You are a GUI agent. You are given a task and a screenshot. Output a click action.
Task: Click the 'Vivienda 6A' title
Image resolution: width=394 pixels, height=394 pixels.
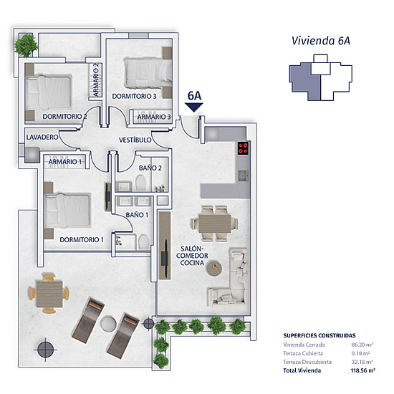point(321,41)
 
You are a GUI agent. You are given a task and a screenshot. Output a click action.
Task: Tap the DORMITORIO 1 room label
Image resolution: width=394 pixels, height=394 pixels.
point(82,240)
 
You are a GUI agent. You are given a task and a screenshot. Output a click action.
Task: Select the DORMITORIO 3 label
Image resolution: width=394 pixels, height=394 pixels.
point(134,96)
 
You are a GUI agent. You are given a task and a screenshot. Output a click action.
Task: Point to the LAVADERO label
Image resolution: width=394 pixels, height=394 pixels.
point(42,138)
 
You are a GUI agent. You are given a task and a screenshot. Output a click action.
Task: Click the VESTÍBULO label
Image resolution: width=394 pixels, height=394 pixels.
point(135,140)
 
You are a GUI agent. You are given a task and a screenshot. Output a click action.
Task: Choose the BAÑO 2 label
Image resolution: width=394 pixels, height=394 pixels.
point(150,168)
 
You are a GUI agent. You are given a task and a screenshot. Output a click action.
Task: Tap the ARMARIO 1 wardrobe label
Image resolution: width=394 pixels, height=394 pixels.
point(65,162)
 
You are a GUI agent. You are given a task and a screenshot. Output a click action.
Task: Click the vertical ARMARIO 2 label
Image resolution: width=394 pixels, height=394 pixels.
point(96,80)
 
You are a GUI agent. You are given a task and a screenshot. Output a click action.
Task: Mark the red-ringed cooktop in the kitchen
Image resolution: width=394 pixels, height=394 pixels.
point(244,148)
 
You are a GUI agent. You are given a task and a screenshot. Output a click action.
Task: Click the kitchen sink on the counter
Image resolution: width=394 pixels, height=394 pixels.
point(244,176)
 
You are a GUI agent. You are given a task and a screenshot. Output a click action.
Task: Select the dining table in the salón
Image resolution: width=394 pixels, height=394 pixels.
point(215,224)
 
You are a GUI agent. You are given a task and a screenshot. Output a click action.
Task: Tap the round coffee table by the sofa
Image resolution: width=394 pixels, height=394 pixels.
point(214,269)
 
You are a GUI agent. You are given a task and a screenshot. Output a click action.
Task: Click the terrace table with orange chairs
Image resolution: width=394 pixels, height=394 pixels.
point(49,294)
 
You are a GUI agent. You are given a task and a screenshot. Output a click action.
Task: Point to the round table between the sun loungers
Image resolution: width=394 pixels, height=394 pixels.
point(108,323)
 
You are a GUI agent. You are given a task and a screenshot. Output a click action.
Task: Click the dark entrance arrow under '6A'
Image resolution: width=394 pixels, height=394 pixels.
point(194,107)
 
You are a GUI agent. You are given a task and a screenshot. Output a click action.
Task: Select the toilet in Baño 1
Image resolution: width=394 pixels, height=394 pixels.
point(144,241)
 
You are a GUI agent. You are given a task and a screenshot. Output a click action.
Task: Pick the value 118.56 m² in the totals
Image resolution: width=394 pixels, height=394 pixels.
point(363,370)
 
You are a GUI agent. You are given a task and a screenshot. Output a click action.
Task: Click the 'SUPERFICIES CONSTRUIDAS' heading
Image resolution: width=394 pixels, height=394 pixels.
point(319,335)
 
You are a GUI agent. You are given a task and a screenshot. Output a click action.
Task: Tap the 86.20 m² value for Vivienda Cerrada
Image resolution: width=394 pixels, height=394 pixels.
point(362,345)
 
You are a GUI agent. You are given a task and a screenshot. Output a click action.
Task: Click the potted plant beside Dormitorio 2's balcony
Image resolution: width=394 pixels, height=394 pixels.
point(26,46)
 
